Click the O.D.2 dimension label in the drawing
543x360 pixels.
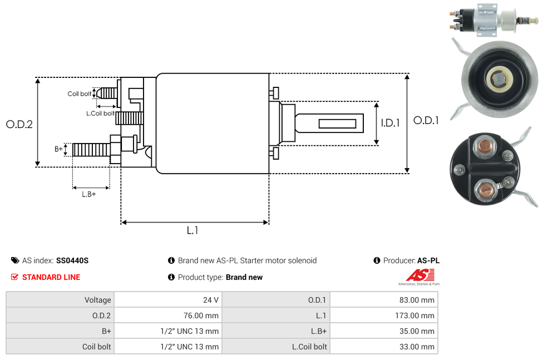[x=19, y=125]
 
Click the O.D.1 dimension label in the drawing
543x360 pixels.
[x=426, y=120]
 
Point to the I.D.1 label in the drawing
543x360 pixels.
[x=391, y=124]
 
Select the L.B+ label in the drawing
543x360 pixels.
[x=89, y=194]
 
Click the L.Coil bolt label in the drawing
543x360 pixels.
[x=100, y=114]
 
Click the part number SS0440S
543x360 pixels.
[x=72, y=260]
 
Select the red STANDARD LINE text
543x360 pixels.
[x=51, y=277]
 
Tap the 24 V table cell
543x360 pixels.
[x=211, y=300]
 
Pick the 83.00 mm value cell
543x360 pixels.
[x=417, y=300]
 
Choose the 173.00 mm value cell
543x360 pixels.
[x=414, y=315]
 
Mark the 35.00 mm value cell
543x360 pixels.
[x=417, y=331]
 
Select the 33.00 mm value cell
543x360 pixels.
[x=417, y=347]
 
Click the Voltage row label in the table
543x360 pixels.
[x=98, y=300]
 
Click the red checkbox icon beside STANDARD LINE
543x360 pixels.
[x=15, y=277]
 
